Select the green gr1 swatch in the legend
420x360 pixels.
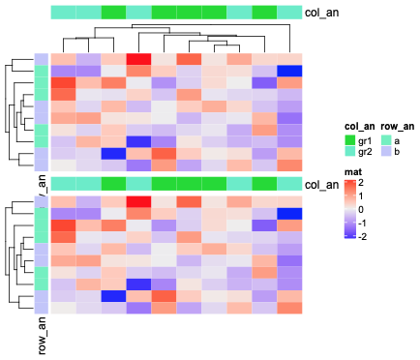click(351, 139)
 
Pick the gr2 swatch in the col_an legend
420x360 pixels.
click(351, 152)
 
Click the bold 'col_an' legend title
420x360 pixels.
click(360, 126)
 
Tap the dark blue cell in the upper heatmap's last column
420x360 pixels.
click(288, 71)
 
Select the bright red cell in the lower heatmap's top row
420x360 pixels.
click(138, 201)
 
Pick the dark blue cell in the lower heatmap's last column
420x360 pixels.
click(288, 213)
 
